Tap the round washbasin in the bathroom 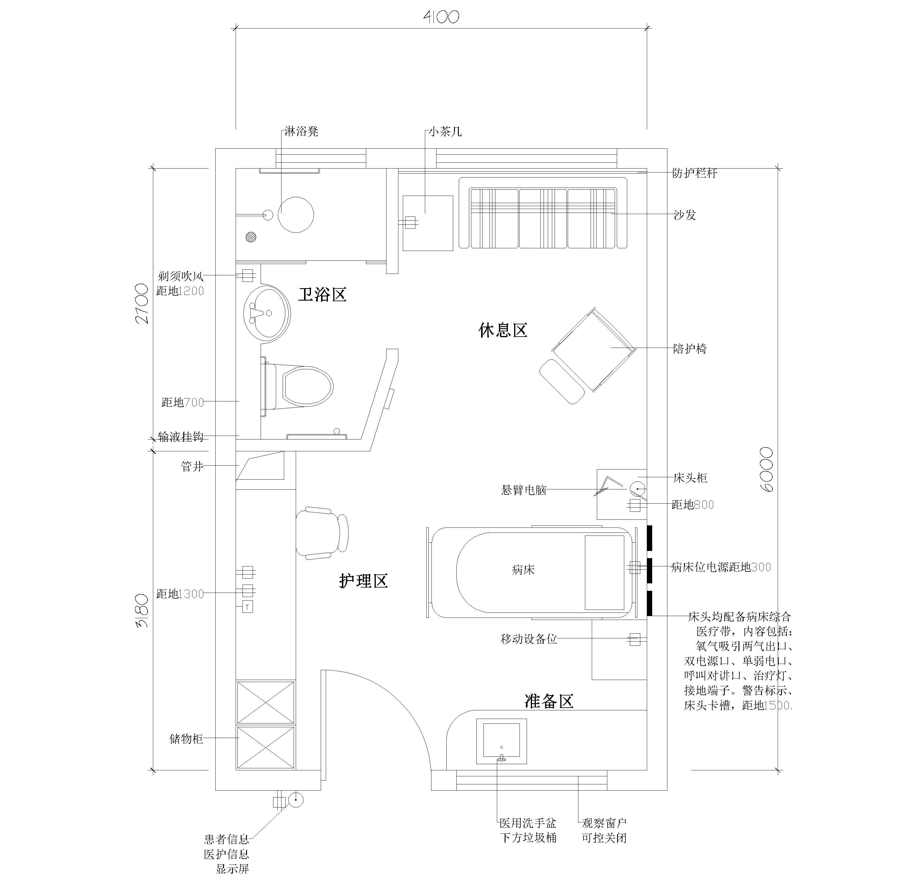pos(267,312)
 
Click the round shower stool pos(296,215)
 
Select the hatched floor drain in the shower pos(252,237)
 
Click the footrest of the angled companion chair pos(562,381)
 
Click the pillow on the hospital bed pos(604,572)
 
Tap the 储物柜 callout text pos(186,739)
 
